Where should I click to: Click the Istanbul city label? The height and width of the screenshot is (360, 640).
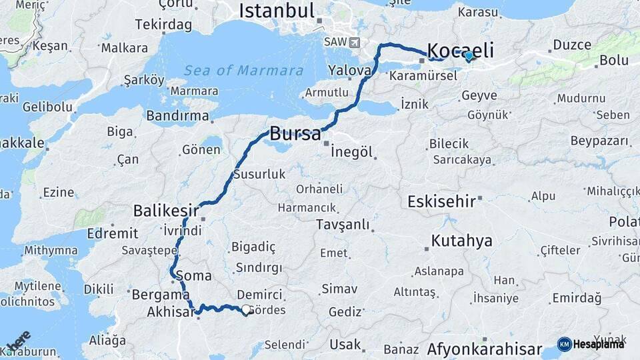click(x=276, y=11)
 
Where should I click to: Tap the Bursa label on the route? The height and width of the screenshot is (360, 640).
click(x=295, y=133)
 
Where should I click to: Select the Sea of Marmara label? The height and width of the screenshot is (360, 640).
click(x=243, y=71)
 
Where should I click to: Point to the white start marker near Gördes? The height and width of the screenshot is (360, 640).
click(x=247, y=310)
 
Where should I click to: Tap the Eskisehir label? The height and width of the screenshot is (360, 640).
click(x=441, y=201)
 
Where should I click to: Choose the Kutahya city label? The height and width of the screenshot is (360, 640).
click(x=461, y=241)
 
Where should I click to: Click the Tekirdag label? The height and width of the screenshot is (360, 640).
click(x=163, y=25)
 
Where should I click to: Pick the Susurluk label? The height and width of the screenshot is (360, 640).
click(x=259, y=175)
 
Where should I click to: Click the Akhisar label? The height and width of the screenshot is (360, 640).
click(x=170, y=311)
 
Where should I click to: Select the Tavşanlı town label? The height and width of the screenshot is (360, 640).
click(x=343, y=225)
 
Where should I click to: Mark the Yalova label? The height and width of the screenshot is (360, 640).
click(x=349, y=71)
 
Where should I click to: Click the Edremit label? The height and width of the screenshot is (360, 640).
click(x=111, y=233)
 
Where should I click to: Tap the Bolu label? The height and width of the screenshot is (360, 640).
click(x=614, y=61)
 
